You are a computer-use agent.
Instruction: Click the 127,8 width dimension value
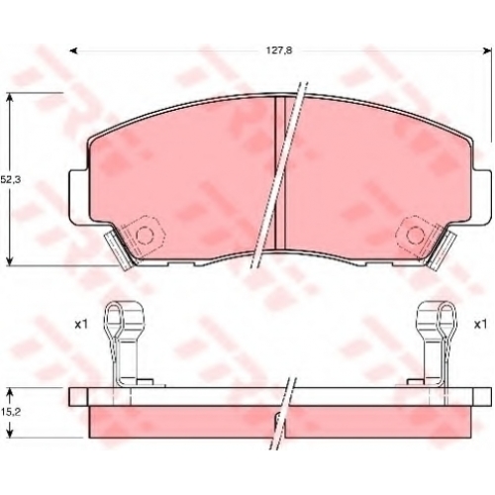[279, 50]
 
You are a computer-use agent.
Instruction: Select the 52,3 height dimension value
[10, 180]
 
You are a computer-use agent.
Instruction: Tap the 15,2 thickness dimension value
[10, 412]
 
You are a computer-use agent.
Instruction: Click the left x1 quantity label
[81, 325]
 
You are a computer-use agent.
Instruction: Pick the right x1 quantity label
[480, 325]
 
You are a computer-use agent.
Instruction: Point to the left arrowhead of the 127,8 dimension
[74, 50]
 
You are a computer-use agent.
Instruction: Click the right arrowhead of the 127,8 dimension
[487, 50]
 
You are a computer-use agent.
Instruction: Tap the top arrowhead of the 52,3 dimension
[11, 97]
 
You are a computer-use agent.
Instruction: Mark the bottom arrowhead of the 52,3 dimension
[11, 260]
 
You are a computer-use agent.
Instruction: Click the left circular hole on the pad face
[145, 235]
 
